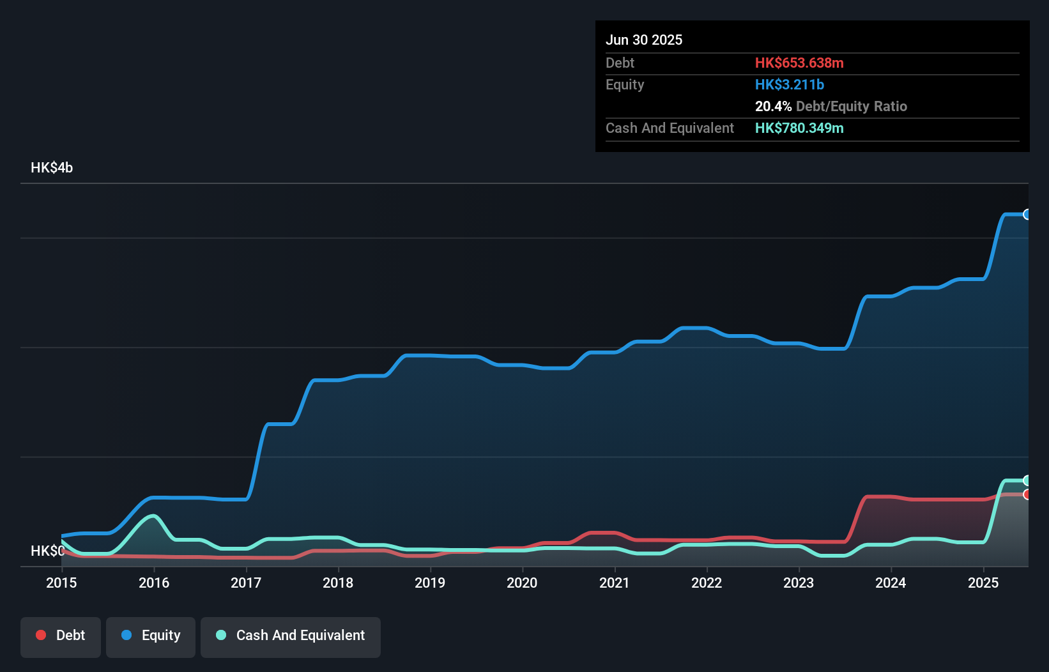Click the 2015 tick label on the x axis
click(x=61, y=583)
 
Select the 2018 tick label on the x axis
click(x=338, y=583)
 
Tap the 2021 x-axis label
click(x=614, y=583)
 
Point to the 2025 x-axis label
click(x=983, y=583)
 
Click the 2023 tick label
click(x=799, y=583)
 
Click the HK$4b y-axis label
click(x=52, y=168)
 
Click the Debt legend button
click(x=61, y=636)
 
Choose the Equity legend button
click(x=151, y=636)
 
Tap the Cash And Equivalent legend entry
click(x=291, y=636)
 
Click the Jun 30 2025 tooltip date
click(x=644, y=40)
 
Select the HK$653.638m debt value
click(x=799, y=63)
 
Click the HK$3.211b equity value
click(x=790, y=85)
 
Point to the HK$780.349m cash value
click(x=799, y=128)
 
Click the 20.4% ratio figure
click(x=773, y=107)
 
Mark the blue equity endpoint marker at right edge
click(x=1027, y=215)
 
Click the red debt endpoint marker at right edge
click(x=1027, y=494)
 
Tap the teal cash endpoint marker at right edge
click(x=1027, y=480)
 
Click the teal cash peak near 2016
click(x=153, y=515)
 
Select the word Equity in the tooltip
click(x=625, y=85)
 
